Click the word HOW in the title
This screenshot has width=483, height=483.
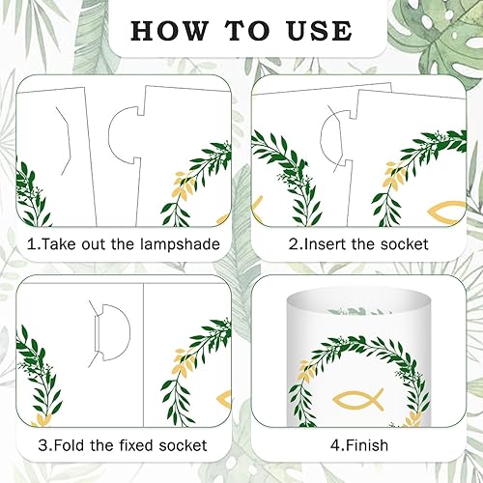[170, 31]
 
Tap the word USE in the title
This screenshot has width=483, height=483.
[320, 31]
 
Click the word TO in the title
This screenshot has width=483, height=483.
[247, 31]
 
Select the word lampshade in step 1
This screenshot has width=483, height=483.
[180, 244]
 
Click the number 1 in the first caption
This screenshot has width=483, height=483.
[31, 244]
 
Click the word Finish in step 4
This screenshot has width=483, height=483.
[363, 445]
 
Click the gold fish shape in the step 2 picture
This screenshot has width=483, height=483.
[446, 213]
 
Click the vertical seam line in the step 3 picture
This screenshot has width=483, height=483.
[143, 355]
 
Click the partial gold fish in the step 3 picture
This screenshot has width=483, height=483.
[224, 400]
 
